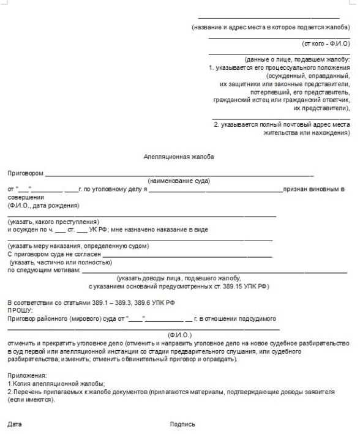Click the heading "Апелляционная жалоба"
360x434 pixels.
point(178,157)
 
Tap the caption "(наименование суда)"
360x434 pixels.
point(179,181)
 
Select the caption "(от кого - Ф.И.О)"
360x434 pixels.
point(326,44)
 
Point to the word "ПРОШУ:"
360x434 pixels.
point(19,310)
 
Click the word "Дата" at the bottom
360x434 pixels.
point(15,423)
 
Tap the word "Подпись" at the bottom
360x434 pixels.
point(182,423)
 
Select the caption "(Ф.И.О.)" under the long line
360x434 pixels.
point(179,334)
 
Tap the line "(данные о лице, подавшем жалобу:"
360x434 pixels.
point(296,60)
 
